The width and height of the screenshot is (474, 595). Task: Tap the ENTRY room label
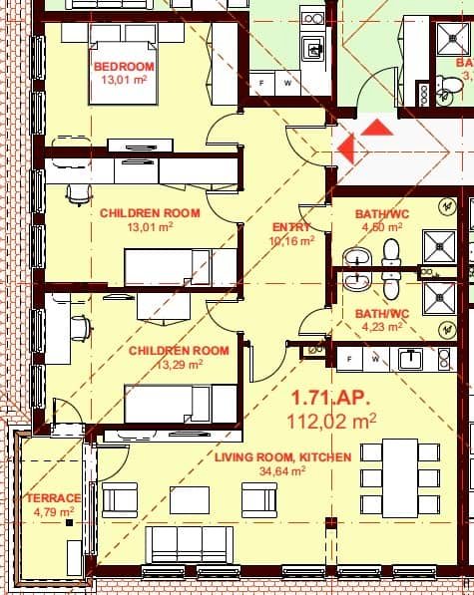pyautogui.click(x=291, y=226)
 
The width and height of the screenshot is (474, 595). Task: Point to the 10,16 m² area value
pyautogui.click(x=291, y=240)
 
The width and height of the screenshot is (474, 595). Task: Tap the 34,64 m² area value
pyautogui.click(x=282, y=471)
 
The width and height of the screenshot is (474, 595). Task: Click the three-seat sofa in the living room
pyautogui.click(x=190, y=545)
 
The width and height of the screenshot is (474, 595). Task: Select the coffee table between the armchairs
pyautogui.click(x=189, y=499)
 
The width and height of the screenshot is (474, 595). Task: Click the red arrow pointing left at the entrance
pyautogui.click(x=345, y=149)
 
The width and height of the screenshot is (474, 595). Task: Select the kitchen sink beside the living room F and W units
pyautogui.click(x=409, y=358)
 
